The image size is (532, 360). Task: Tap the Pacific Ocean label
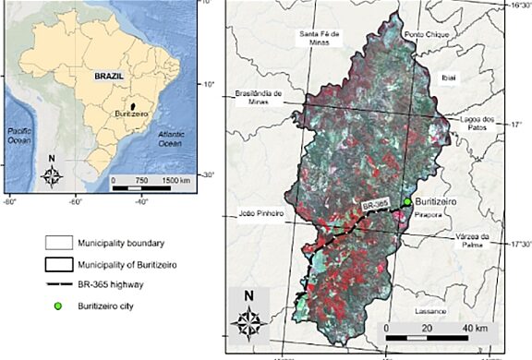[20, 135]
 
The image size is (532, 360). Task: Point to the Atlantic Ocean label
[170, 138]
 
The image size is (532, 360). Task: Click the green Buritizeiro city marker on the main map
[407, 201]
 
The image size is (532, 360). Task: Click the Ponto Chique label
[425, 35]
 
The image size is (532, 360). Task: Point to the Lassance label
[430, 311]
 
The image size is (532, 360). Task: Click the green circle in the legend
[59, 304]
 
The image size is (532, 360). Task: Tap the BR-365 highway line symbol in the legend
[58, 283]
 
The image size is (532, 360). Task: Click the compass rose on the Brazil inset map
[54, 174]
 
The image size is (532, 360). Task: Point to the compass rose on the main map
[249, 318]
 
